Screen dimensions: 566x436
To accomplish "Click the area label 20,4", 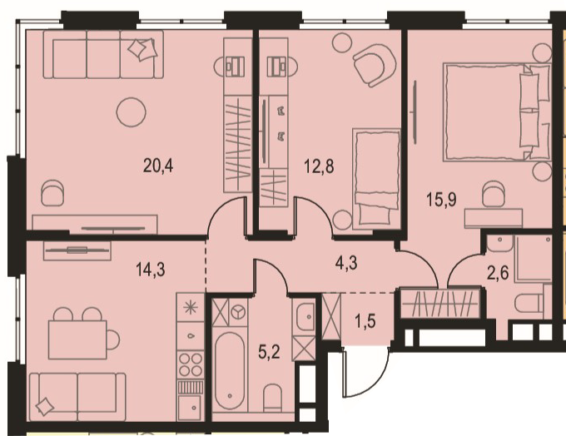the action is click(x=158, y=166).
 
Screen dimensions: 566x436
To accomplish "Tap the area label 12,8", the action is click(x=319, y=166).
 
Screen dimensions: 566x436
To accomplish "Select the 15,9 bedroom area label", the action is click(x=441, y=200).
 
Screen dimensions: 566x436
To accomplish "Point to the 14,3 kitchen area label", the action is click(x=151, y=270).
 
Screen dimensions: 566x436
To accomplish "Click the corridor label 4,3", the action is click(x=346, y=263).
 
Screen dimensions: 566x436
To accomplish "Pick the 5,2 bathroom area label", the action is click(x=270, y=352).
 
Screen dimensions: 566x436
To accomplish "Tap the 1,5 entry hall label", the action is click(x=365, y=321).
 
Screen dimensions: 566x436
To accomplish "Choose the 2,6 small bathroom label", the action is click(x=498, y=273).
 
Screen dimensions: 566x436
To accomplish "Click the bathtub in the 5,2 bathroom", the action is click(x=230, y=370).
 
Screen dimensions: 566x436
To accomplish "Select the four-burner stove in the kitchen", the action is click(x=191, y=365).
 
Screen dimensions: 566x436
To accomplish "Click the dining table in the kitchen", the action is click(x=77, y=339).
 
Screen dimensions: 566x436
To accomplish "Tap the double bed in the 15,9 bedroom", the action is click(x=497, y=111).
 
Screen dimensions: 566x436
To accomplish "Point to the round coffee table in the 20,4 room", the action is click(x=132, y=111).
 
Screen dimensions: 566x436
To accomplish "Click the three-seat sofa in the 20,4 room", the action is click(x=103, y=54).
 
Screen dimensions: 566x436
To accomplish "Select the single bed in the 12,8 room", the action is click(x=377, y=180).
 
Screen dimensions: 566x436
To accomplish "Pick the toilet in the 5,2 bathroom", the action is click(x=272, y=398).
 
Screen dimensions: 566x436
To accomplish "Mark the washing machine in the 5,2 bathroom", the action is click(x=237, y=312).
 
